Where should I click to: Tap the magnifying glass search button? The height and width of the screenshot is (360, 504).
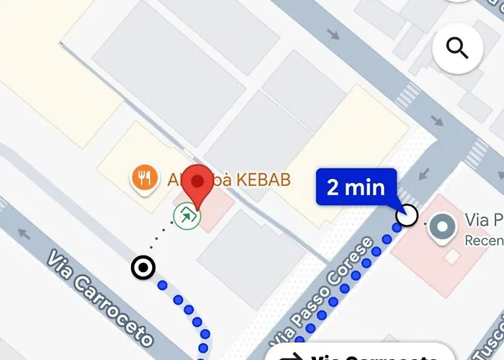coord(456,48)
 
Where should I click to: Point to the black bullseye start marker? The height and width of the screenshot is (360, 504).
coord(143,269)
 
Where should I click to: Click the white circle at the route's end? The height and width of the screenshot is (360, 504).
coord(407,215)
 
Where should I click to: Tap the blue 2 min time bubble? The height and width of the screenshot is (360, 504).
coord(356,189)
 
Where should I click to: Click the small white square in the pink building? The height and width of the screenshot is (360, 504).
coord(452,256)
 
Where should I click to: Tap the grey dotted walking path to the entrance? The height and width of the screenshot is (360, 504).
coord(163,238)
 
